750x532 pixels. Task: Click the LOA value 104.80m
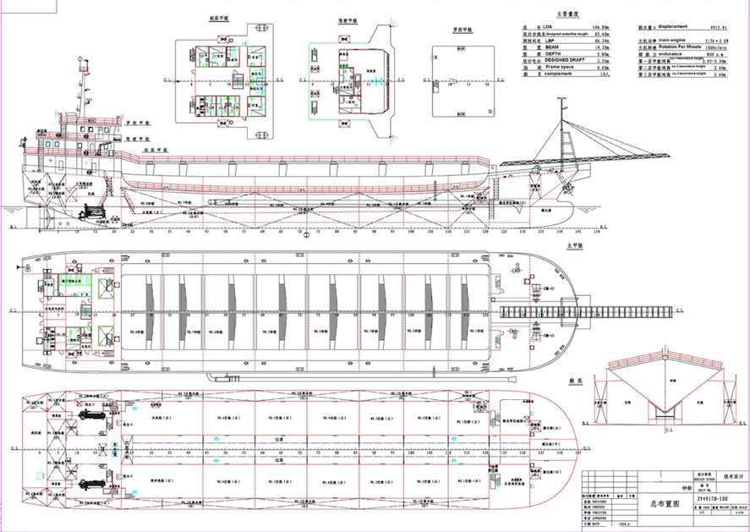(600, 27)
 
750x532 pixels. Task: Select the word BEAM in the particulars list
(553, 47)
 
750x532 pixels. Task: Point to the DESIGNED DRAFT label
(565, 61)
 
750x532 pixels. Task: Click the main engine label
(673, 41)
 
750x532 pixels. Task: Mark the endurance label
(672, 54)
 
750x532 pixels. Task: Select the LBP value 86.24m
(600, 41)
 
